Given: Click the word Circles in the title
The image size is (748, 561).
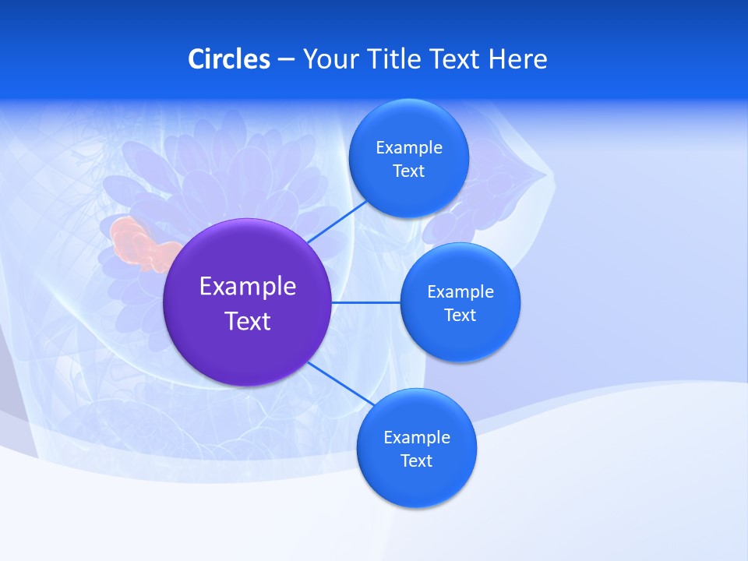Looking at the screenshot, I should [229, 59].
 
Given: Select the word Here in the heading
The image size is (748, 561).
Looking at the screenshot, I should [517, 59].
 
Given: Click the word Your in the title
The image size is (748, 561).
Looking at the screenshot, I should [330, 59].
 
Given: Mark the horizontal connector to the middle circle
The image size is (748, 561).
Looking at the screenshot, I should [366, 302].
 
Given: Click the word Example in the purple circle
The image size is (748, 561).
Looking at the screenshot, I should [248, 287].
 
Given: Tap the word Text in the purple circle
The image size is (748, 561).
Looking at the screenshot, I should [248, 321].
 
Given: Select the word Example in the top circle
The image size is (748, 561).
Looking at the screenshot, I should [409, 148].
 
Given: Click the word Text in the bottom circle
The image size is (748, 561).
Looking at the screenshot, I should [416, 461].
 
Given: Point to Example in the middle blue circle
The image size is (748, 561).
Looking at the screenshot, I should [460, 292].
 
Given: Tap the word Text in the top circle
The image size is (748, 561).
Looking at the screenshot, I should [409, 171].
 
